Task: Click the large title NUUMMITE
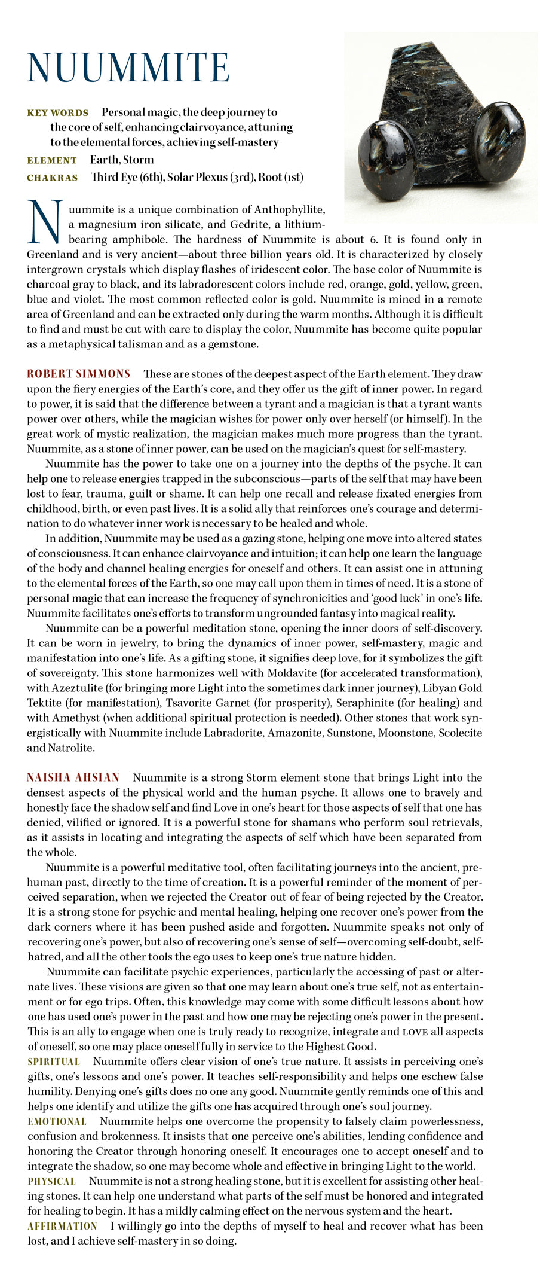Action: point(128,67)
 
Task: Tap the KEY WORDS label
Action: point(58,113)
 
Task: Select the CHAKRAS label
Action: point(53,178)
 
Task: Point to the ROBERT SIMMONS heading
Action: point(78,374)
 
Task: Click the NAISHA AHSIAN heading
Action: point(73,777)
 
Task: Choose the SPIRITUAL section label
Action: point(54,1062)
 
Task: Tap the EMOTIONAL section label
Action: point(57,1121)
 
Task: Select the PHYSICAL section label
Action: point(51,1181)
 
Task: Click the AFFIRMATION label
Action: point(62,1226)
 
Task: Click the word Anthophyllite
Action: point(289,209)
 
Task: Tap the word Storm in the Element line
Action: point(139,160)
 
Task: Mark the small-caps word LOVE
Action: point(415,1032)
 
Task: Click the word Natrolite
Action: point(70,748)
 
